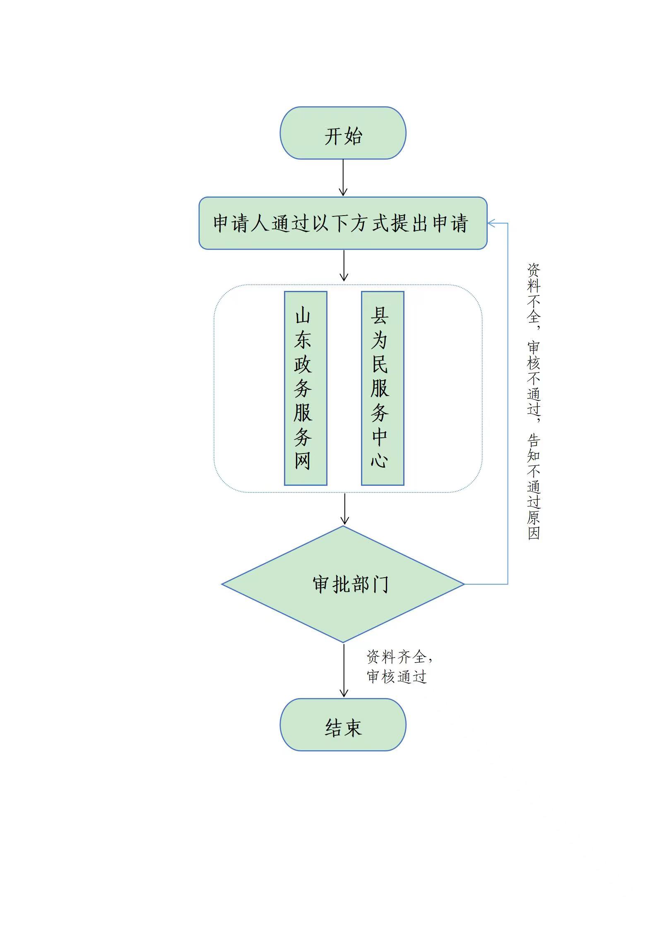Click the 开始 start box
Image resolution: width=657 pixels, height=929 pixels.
tap(343, 133)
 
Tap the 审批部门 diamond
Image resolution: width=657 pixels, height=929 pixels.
tap(343, 584)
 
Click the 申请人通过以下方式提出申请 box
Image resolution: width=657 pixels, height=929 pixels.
tap(343, 223)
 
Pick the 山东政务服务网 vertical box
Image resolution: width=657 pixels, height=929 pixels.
tap(305, 388)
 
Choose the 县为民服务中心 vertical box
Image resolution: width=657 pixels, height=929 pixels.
tap(382, 388)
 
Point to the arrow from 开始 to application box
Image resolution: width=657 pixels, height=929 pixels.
tap(343, 177)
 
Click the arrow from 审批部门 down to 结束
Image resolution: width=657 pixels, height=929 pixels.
tap(344, 670)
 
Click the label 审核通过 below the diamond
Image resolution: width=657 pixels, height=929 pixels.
tap(397, 677)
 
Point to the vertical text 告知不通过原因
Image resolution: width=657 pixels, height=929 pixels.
tap(534, 487)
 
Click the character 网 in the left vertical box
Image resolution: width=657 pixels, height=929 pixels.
tap(303, 460)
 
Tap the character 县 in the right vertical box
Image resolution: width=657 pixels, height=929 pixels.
tap(379, 316)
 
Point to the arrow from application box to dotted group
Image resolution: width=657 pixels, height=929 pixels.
tap(344, 265)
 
